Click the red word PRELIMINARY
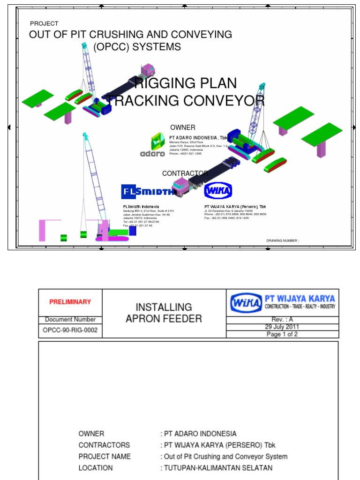70,302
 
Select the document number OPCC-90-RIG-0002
70,330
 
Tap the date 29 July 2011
282,327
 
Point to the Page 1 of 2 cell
282,334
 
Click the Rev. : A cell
282,319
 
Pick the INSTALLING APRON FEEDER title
164,313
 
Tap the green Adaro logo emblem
157,141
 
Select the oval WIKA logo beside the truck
218,191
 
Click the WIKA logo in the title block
246,302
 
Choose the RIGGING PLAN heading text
186,84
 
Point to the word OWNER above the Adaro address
183,127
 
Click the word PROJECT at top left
44,23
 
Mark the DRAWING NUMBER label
283,240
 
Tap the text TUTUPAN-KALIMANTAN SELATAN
217,468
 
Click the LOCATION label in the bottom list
96,468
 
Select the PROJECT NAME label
105,457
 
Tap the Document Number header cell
70,320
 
